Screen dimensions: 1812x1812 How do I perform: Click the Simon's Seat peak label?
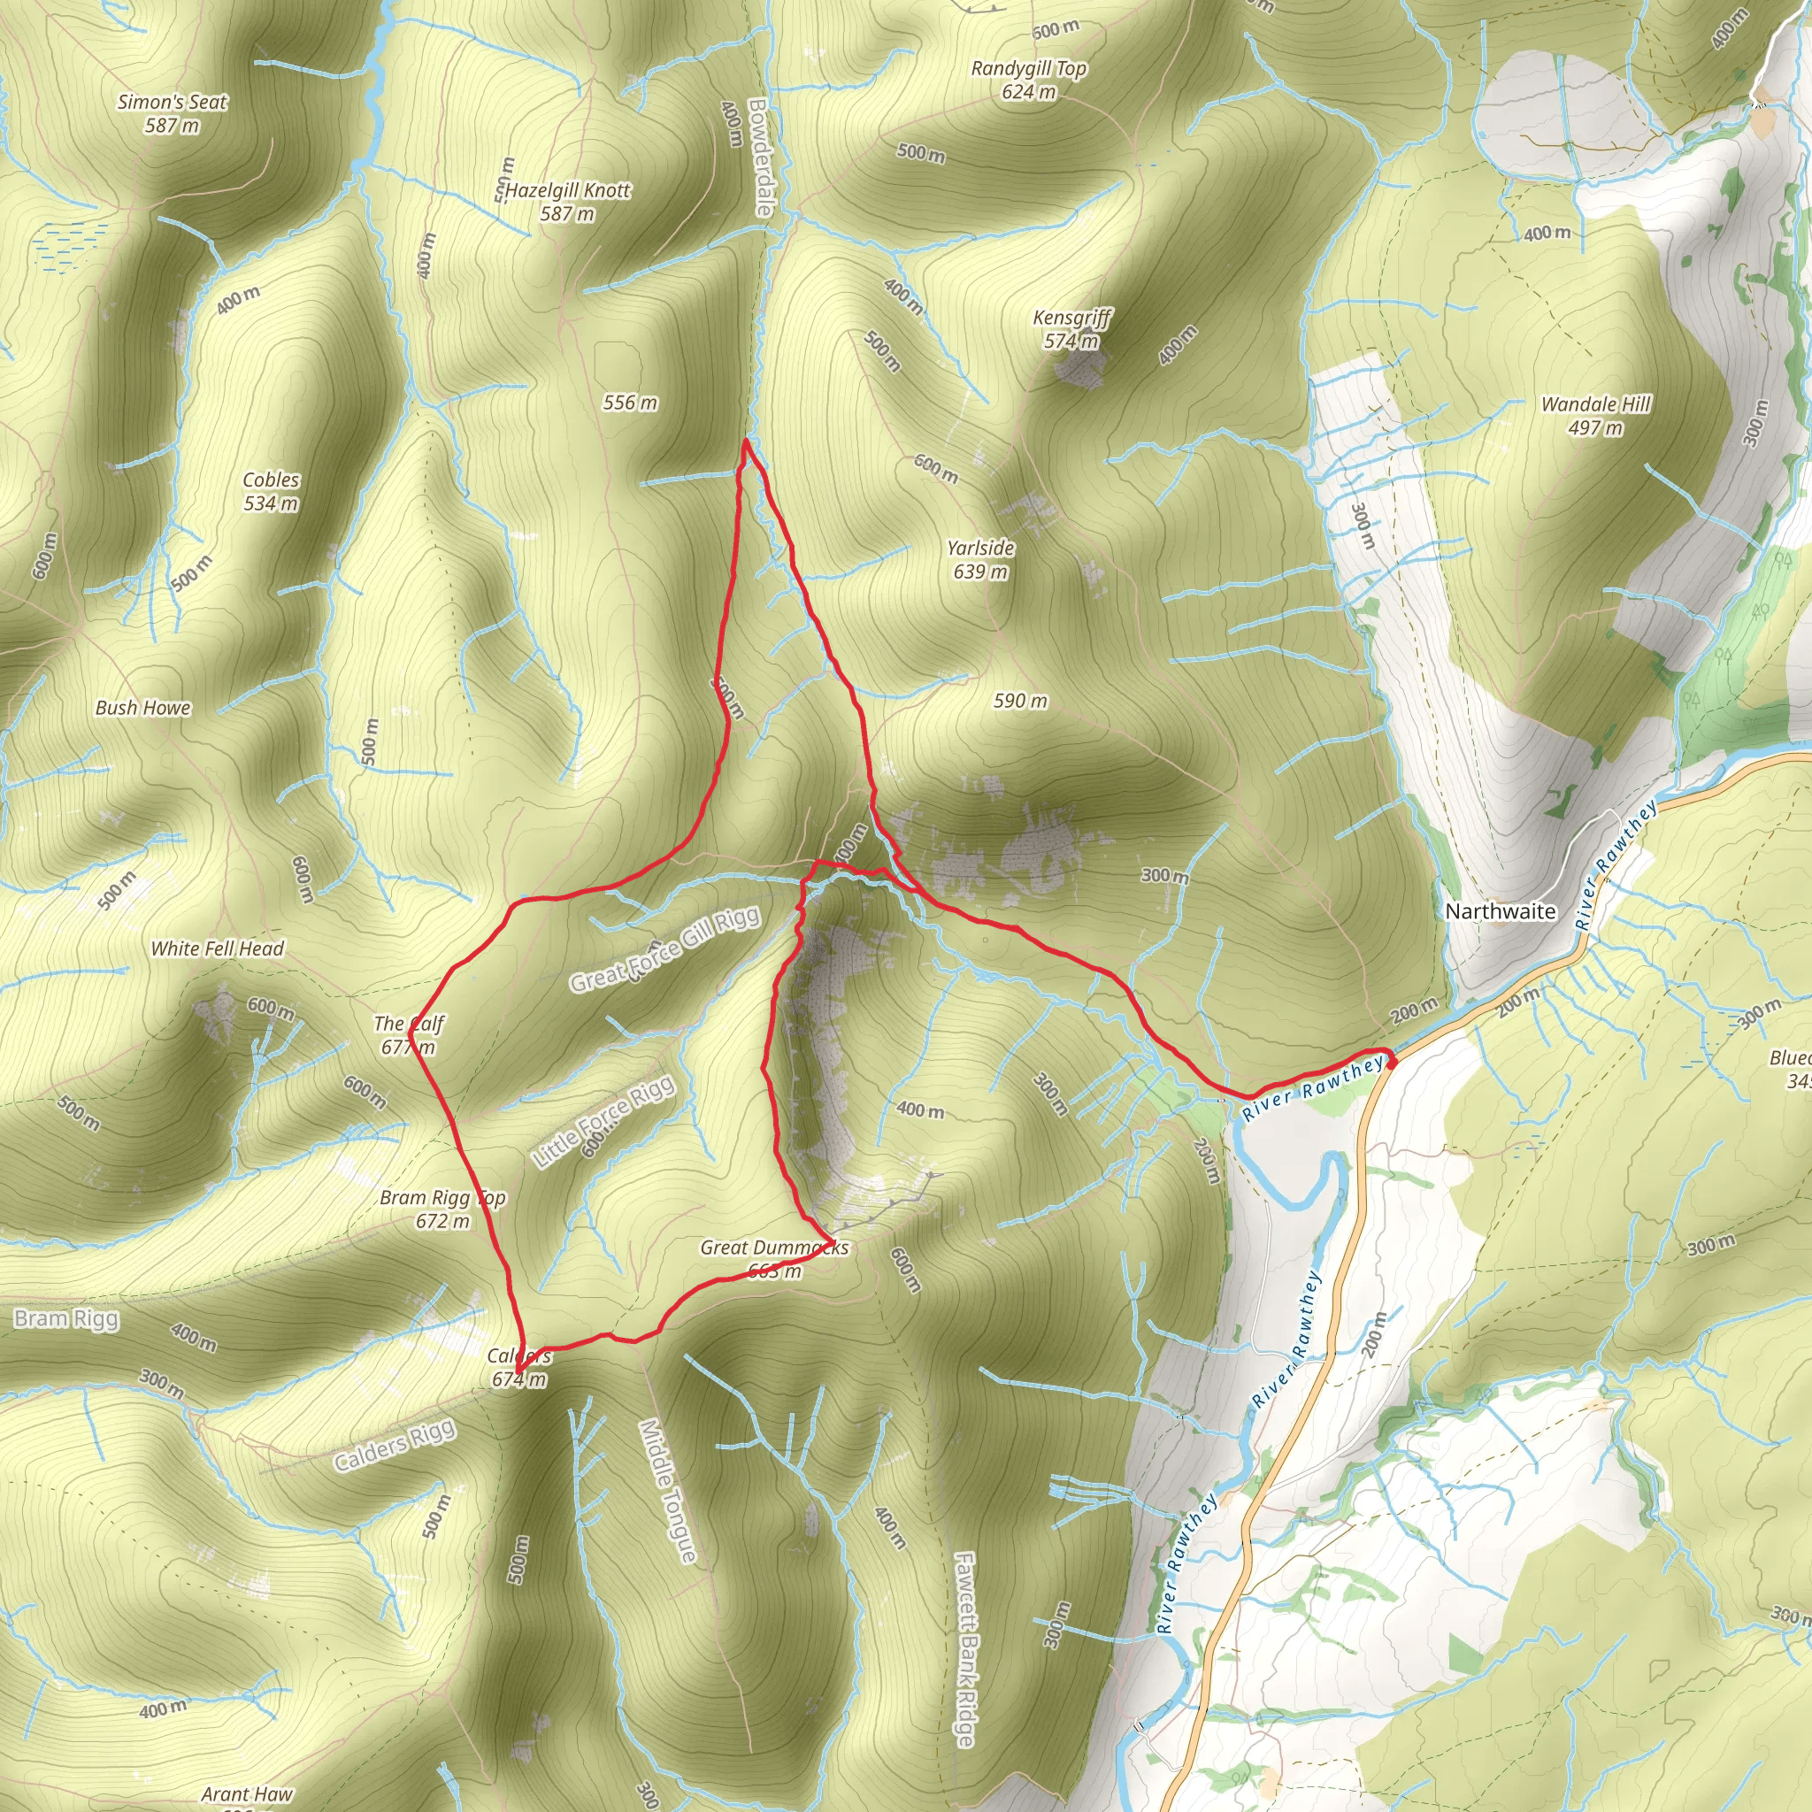pos(173,103)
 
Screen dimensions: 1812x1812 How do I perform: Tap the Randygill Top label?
pos(1029,68)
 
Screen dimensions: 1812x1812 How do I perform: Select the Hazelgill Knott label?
pos(568,190)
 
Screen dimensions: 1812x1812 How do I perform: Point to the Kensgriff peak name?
pos(1072,318)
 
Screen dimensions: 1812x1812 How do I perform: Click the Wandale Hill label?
pos(1595,404)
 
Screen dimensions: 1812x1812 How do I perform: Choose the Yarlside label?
pos(980,548)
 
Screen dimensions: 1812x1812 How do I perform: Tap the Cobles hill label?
pos(271,480)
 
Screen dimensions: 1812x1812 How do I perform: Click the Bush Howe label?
pos(142,708)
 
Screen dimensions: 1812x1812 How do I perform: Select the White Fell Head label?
pos(217,948)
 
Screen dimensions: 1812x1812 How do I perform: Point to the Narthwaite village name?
pos(1500,910)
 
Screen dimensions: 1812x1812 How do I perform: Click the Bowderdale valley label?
pos(760,157)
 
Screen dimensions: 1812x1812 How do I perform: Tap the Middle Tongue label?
pos(668,1491)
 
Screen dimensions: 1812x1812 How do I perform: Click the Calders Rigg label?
pos(395,1446)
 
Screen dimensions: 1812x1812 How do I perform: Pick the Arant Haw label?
pos(247,1793)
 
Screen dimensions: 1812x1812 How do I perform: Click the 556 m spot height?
pos(629,403)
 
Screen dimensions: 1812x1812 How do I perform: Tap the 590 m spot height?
pos(1020,701)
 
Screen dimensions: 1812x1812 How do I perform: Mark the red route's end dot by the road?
pos(1391,1061)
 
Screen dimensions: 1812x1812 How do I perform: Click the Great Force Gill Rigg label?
pos(665,949)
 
